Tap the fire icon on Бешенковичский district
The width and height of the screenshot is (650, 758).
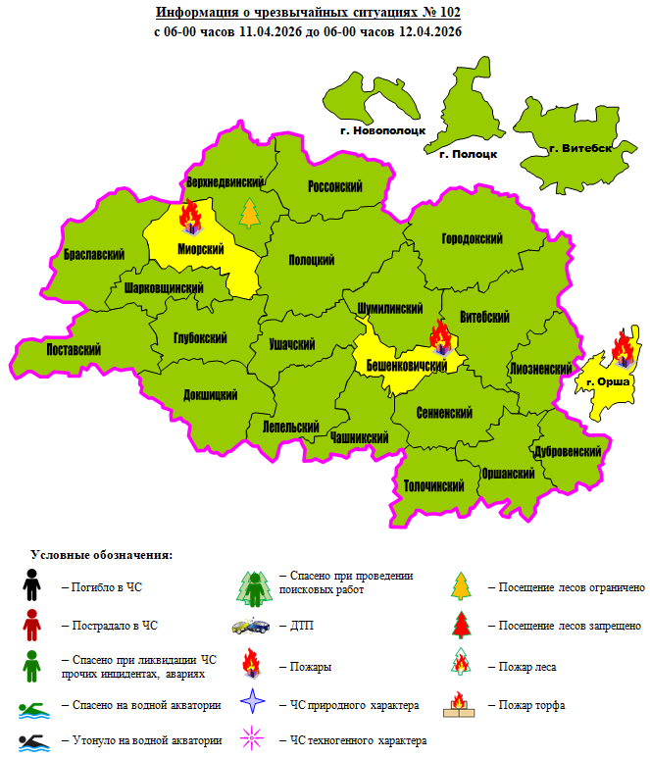click(440, 339)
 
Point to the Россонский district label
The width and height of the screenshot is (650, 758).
click(335, 186)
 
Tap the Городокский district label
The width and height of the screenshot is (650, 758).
click(473, 239)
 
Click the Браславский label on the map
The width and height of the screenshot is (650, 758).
click(93, 254)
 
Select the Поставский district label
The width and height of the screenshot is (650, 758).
click(75, 349)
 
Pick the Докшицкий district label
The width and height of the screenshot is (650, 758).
click(211, 395)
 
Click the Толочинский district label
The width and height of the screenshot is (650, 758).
click(433, 485)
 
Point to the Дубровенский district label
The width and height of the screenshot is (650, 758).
click(567, 451)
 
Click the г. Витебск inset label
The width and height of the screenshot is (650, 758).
click(581, 149)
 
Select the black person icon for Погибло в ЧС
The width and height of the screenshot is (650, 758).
click(31, 586)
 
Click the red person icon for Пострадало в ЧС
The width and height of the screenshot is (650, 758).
click(31, 624)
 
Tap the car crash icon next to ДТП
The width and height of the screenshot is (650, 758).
click(250, 625)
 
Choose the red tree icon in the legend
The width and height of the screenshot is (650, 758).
click(462, 625)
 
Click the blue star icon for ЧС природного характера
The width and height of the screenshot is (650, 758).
click(253, 703)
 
